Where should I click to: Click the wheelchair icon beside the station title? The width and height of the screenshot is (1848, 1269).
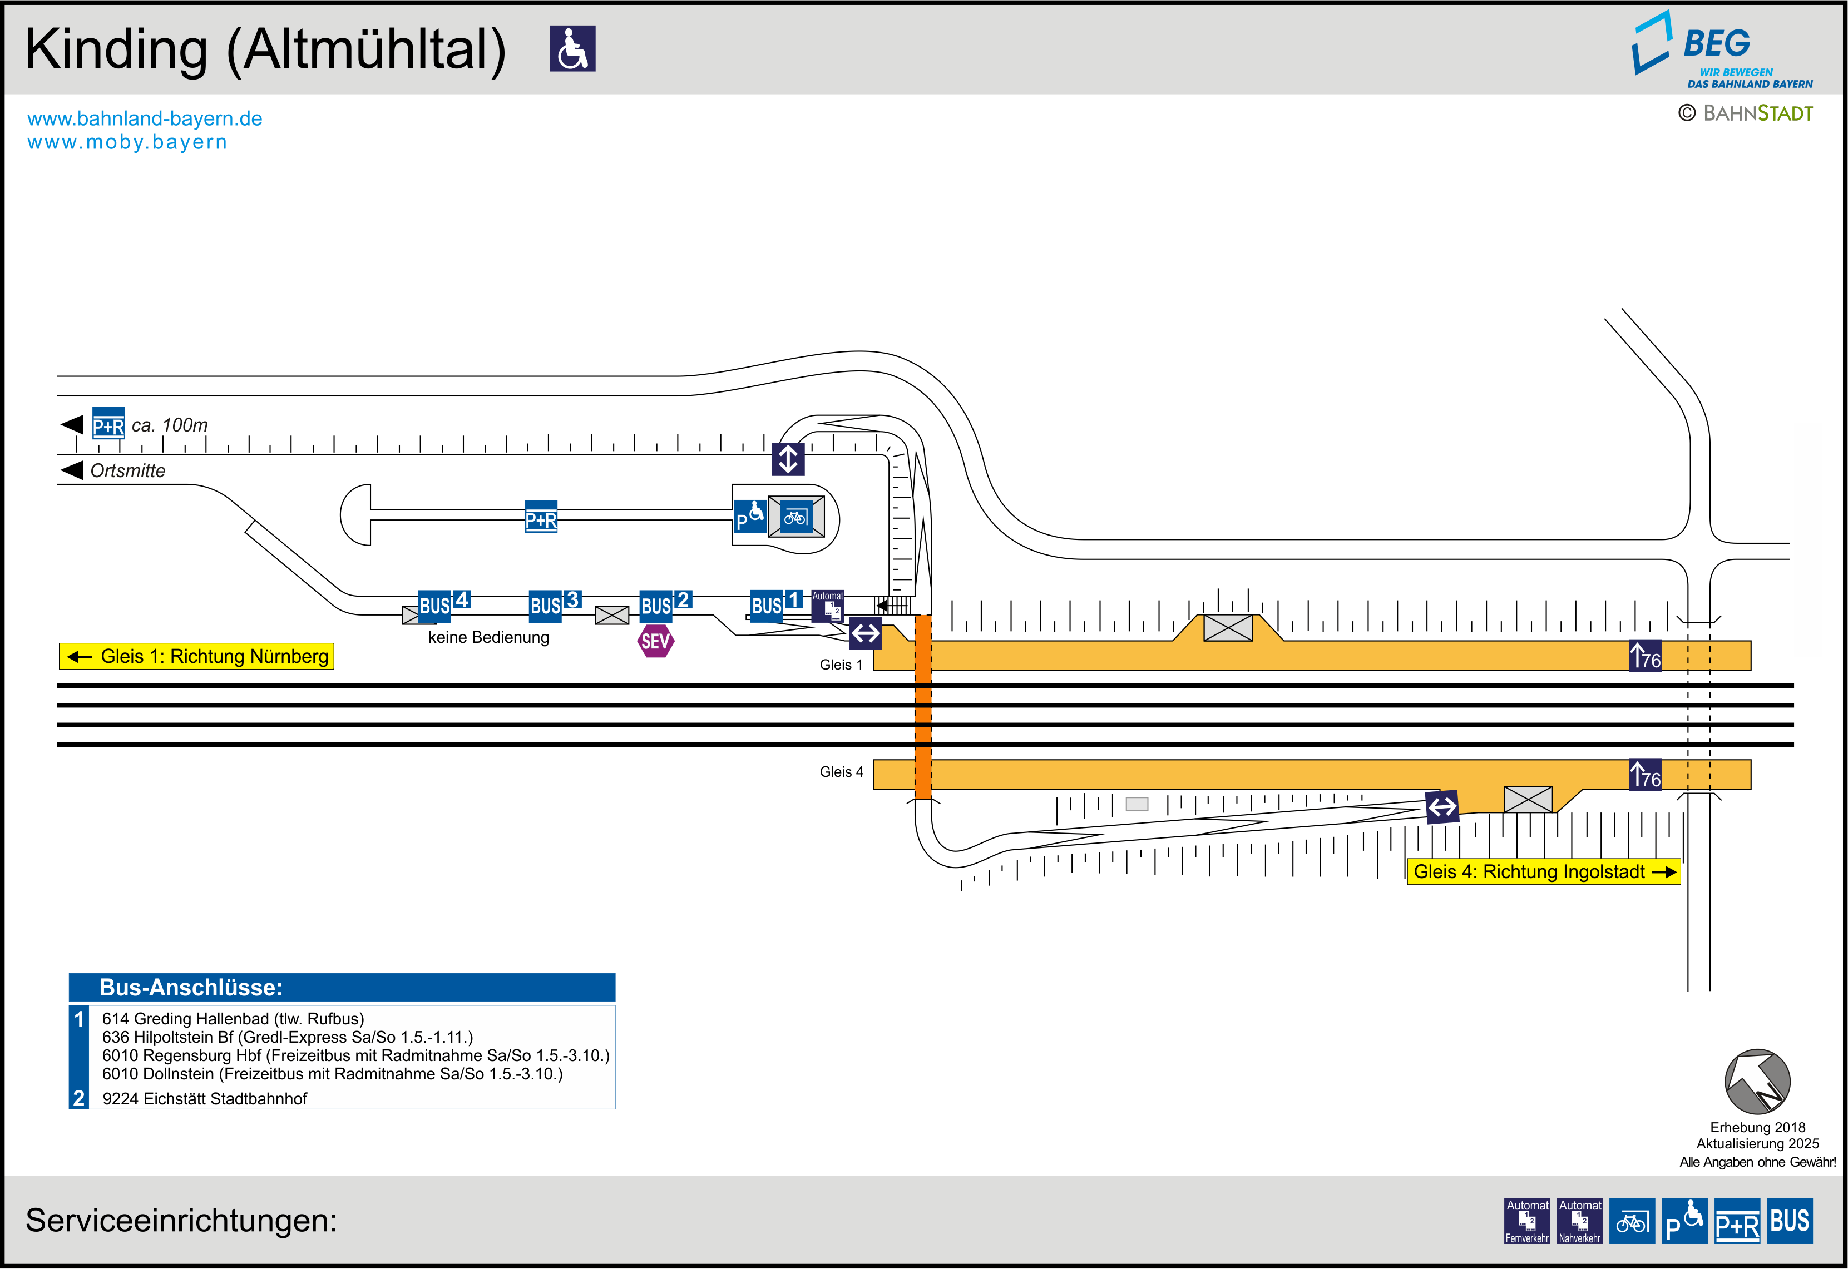(572, 48)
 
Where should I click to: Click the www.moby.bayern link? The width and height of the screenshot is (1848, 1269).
(127, 142)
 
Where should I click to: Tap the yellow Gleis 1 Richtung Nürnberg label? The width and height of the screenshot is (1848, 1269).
(196, 657)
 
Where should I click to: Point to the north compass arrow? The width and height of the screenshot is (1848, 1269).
(1757, 1082)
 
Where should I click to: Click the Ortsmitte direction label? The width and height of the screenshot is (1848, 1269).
(127, 470)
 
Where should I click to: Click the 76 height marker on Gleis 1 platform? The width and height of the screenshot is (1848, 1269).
(1645, 657)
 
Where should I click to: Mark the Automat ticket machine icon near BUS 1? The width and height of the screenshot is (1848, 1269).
(828, 606)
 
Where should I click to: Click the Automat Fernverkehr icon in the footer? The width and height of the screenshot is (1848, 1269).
(1527, 1221)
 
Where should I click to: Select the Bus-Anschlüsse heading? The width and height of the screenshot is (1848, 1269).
(191, 988)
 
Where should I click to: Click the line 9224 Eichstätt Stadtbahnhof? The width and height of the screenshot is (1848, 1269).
(204, 1099)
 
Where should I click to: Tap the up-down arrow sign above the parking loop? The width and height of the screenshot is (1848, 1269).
(788, 459)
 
